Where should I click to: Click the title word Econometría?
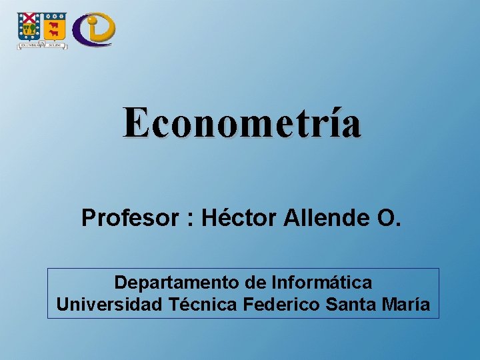[241, 124]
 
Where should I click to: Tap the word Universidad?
[108, 305]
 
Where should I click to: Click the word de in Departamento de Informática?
[256, 283]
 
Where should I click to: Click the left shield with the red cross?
[29, 27]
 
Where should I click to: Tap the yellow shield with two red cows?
[55, 27]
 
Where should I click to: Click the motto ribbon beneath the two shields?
[42, 45]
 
